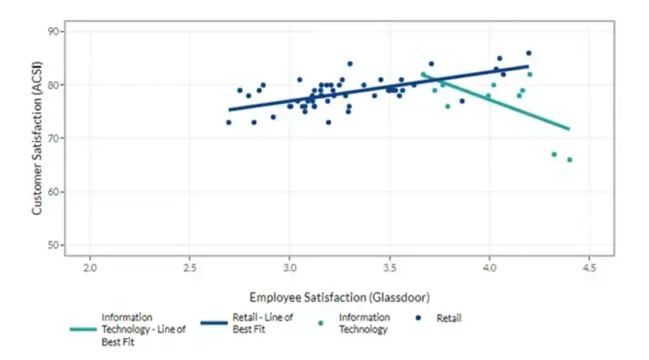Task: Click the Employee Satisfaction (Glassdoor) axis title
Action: (x=339, y=297)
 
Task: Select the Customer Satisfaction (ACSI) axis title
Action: (x=37, y=142)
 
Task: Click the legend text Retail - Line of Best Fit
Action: (x=263, y=323)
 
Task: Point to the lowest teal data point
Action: (x=570, y=160)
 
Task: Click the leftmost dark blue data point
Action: (x=228, y=123)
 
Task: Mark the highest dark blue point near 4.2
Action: (x=529, y=53)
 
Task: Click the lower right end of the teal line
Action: (x=569, y=128)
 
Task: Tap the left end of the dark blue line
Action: (x=229, y=109)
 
